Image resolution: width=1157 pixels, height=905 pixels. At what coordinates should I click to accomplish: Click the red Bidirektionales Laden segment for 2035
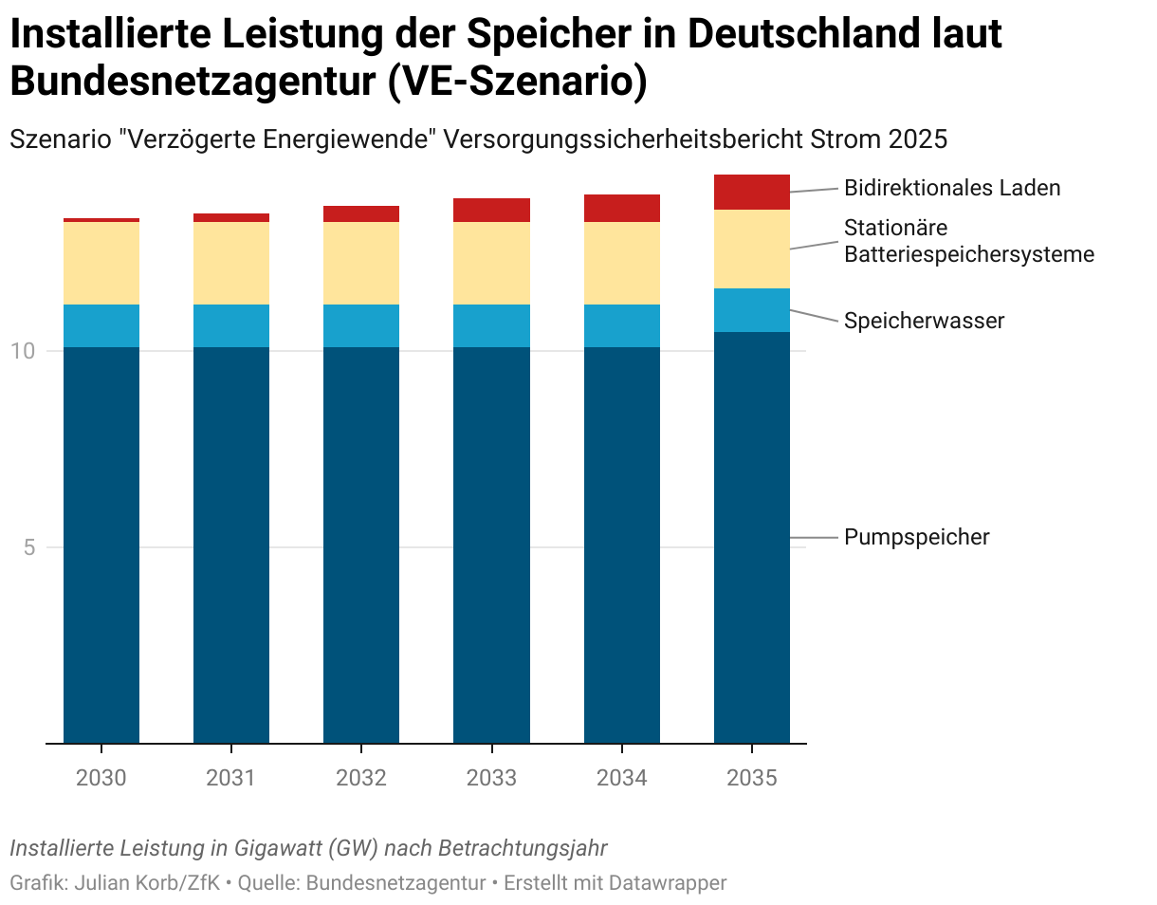click(751, 192)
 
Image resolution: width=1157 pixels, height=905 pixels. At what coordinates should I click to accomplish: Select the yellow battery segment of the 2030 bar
click(101, 263)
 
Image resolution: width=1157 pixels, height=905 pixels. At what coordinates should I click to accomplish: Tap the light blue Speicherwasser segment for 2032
click(361, 325)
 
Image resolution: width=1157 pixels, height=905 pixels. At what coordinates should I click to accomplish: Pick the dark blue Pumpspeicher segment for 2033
click(491, 545)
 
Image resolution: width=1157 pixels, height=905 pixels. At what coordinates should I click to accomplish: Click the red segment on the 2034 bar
click(621, 208)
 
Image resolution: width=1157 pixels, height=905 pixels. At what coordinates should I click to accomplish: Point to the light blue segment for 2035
click(751, 309)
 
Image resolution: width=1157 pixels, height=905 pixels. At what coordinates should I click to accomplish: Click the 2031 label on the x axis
click(230, 779)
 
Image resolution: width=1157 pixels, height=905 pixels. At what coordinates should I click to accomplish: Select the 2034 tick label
click(621, 779)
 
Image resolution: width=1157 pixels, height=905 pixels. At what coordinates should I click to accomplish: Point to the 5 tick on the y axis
click(28, 547)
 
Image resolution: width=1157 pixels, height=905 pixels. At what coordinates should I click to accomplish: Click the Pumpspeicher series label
click(916, 537)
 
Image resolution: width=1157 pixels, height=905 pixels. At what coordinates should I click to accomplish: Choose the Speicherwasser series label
click(924, 321)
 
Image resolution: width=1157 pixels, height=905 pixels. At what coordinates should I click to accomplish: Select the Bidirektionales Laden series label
click(952, 188)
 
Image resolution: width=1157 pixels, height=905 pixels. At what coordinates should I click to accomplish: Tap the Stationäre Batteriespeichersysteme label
click(968, 241)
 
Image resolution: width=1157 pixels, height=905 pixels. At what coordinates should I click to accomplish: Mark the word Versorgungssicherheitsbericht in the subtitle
click(631, 139)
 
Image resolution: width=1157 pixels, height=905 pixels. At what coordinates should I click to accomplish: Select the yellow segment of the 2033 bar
click(491, 263)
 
